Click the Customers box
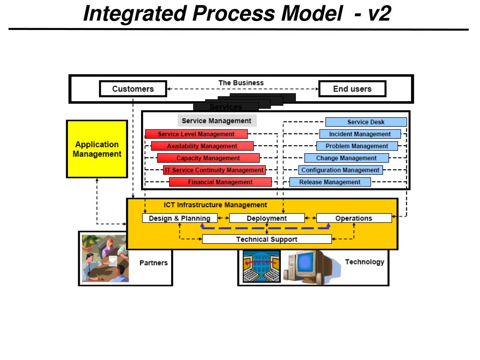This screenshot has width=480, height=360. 133,89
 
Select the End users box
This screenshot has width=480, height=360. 352,89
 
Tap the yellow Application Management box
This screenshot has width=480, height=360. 97,149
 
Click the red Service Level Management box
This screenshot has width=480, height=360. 196,134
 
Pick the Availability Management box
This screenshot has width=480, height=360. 202,146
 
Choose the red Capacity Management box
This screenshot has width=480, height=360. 208,158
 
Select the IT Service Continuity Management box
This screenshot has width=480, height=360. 214,170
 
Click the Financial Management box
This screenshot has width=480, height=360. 220,182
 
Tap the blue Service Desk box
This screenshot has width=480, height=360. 366,122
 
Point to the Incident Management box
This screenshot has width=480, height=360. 360,134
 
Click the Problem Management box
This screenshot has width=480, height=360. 357,146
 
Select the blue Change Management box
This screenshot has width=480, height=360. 346,158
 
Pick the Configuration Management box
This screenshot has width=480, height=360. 340,170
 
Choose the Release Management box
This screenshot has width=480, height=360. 330,182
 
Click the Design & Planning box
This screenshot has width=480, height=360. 180,218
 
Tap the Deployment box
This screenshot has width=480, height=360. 267,218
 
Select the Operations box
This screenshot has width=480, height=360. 354,218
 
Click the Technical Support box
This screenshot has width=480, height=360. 267,239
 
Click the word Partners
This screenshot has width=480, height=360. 153,263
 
